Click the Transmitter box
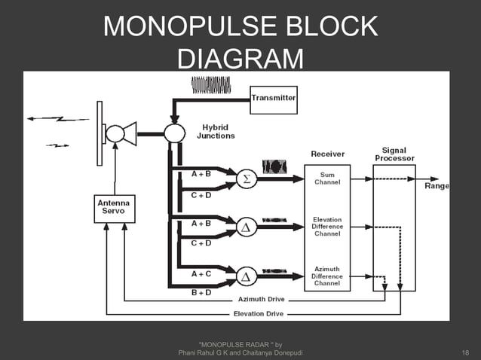pyautogui.click(x=274, y=99)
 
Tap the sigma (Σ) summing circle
pyautogui.click(x=245, y=179)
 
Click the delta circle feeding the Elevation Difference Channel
pyautogui.click(x=245, y=226)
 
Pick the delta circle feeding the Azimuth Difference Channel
pyautogui.click(x=245, y=276)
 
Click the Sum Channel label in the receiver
pyautogui.click(x=327, y=178)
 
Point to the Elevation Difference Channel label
pyautogui.click(x=327, y=226)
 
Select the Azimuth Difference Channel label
pyautogui.click(x=327, y=276)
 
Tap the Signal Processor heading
pyautogui.click(x=394, y=154)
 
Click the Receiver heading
pyautogui.click(x=328, y=154)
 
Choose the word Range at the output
pyautogui.click(x=437, y=185)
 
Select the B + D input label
pyautogui.click(x=201, y=292)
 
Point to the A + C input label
pyautogui.click(x=201, y=273)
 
